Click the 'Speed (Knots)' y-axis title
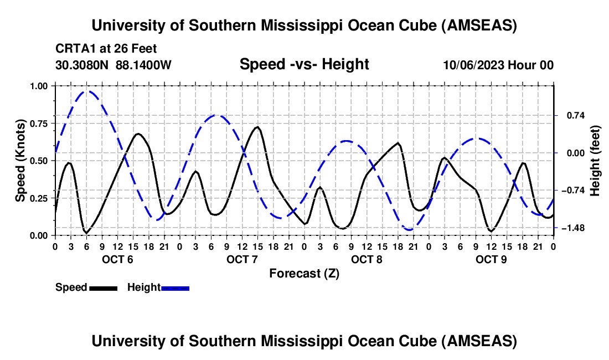(20, 161)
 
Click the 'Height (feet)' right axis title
(595, 161)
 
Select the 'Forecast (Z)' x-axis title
(304, 273)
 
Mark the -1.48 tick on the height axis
(572, 228)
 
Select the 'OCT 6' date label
(117, 259)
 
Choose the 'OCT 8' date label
(367, 259)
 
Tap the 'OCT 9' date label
(491, 259)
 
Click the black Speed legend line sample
(103, 287)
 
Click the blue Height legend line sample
(175, 287)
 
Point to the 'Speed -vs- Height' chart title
(304, 64)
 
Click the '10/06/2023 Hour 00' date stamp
(498, 65)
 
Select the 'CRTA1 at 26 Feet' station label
(106, 48)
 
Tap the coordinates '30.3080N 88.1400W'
(113, 65)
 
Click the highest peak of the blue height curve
(87, 91)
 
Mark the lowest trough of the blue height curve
(409, 229)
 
